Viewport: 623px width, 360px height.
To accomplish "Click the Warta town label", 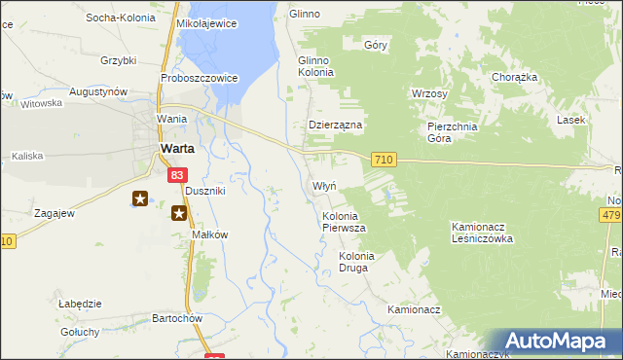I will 176,148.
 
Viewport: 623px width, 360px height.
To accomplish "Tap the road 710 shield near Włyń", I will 384,160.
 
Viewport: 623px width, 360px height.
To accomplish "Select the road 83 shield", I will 175,175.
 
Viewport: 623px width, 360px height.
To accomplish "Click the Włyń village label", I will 324,185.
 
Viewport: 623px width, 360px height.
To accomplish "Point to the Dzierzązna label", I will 335,126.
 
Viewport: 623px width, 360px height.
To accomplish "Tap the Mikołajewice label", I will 207,23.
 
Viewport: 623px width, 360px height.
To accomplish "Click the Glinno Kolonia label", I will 315,66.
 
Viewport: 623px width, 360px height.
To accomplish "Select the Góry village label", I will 376,45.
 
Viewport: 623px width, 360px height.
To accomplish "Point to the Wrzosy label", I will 429,94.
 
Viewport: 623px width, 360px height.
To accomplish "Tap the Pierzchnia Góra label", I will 453,132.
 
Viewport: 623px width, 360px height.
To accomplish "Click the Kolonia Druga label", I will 356,262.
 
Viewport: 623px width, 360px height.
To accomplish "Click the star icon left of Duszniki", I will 141,199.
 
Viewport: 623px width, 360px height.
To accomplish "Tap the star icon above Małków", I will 180,213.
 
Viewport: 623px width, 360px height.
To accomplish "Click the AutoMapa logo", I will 558,341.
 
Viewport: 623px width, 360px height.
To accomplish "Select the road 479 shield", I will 611,215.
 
